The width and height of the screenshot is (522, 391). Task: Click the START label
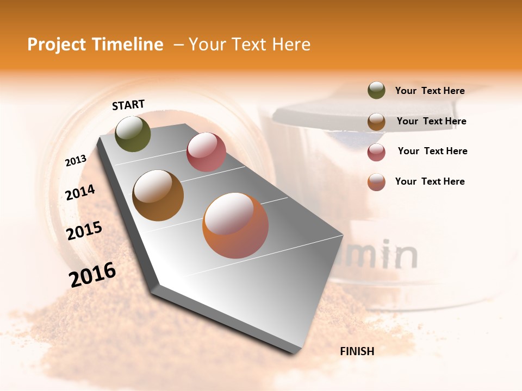click(128, 105)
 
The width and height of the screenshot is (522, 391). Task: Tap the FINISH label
click(357, 351)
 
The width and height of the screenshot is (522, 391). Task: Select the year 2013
click(76, 161)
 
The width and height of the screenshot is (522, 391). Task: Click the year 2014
click(80, 192)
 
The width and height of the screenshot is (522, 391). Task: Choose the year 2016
click(92, 274)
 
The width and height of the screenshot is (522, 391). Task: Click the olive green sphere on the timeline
click(133, 134)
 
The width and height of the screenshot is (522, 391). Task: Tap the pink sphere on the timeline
click(206, 152)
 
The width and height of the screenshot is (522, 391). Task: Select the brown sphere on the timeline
click(158, 195)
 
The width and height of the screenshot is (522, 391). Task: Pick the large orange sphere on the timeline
click(235, 225)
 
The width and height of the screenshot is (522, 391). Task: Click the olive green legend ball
click(376, 91)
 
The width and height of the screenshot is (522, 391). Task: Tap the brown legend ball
click(376, 122)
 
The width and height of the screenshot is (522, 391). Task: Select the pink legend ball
click(376, 152)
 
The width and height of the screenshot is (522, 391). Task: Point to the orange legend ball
click(376, 182)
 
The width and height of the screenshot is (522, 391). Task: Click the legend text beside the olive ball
click(430, 91)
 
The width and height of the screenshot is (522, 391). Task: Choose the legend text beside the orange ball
click(430, 181)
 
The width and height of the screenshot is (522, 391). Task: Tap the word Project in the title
click(57, 45)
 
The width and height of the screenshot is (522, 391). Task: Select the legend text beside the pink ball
click(432, 151)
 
